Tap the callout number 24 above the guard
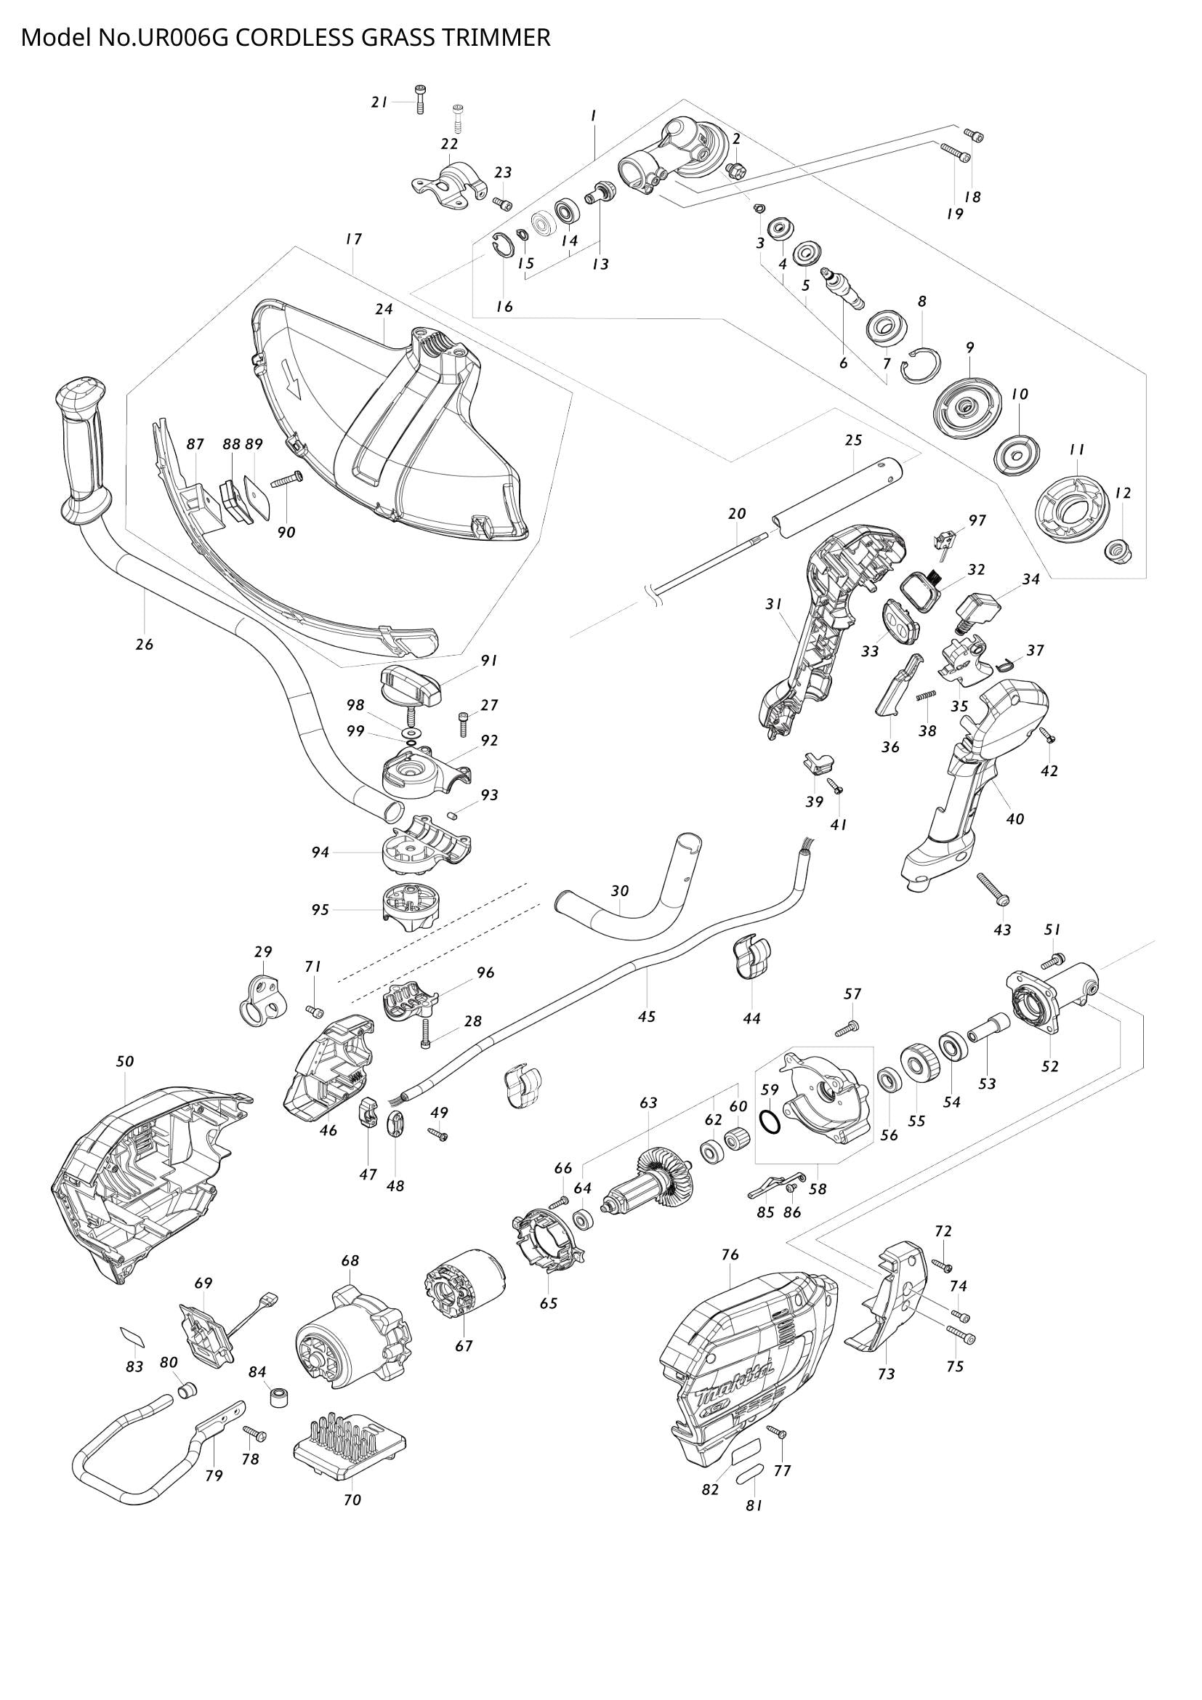384,309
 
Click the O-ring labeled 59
770,1122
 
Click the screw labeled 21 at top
419,98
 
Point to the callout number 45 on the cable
646,1018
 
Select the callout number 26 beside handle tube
145,644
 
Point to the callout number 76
730,1255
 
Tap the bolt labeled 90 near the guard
287,480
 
